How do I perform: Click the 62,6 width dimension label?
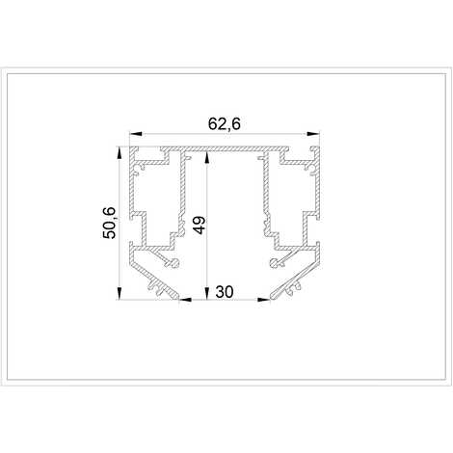pos(225,124)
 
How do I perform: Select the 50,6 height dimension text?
pos(109,223)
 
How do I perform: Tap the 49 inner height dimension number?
pos(200,225)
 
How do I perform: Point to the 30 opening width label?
pos(225,292)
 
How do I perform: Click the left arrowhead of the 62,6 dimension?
pos(136,133)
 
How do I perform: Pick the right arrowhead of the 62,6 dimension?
pos(313,133)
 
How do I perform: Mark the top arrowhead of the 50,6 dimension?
pos(120,153)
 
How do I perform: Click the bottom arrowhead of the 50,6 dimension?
pos(120,293)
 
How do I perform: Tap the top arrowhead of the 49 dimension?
pos(207,158)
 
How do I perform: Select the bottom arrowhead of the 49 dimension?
pos(207,293)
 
